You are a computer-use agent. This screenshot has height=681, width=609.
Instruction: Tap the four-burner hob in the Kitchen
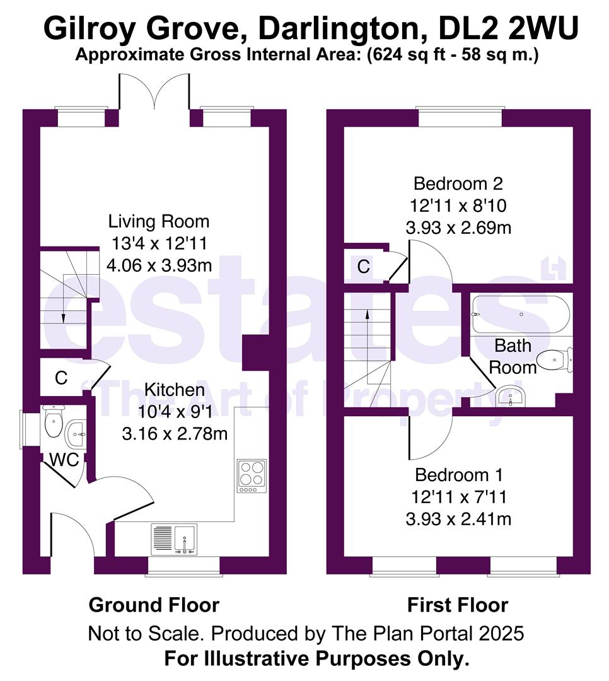coord(251,477)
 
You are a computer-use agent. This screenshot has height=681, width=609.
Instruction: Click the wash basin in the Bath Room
coord(511,397)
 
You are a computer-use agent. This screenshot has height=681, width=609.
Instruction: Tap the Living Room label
coord(159,222)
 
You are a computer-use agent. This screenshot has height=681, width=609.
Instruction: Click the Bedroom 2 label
coord(458,184)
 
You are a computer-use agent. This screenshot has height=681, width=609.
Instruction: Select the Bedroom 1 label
coord(458,475)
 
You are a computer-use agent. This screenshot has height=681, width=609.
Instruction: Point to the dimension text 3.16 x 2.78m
coord(174,434)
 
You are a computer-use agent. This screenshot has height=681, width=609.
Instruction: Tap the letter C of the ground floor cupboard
coord(61,378)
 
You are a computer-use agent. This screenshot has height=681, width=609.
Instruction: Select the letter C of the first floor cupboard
coord(364,267)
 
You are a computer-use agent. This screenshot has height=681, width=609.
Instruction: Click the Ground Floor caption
coord(154,605)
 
